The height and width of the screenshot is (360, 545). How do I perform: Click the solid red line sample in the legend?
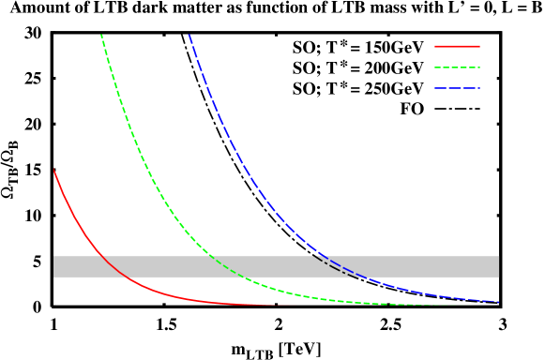(457, 46)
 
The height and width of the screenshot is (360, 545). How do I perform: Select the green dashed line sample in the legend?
(457, 67)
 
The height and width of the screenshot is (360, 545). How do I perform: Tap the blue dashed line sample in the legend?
(457, 89)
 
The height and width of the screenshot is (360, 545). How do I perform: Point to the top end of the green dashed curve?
(101, 35)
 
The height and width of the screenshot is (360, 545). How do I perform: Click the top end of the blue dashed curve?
(189, 35)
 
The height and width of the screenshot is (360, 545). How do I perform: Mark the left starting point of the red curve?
(53, 169)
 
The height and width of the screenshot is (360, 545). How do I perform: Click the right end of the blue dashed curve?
(498, 302)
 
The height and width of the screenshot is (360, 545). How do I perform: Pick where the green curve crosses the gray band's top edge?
(212, 256)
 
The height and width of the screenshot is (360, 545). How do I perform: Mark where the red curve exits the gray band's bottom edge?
(128, 277)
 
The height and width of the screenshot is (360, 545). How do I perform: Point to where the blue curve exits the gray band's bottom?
(369, 277)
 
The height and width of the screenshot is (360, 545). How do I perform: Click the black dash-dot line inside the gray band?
(336, 267)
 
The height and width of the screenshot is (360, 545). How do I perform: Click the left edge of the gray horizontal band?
(54, 266)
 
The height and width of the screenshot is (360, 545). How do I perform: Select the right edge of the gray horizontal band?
(498, 266)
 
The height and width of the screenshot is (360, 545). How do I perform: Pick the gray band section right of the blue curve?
(431, 266)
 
